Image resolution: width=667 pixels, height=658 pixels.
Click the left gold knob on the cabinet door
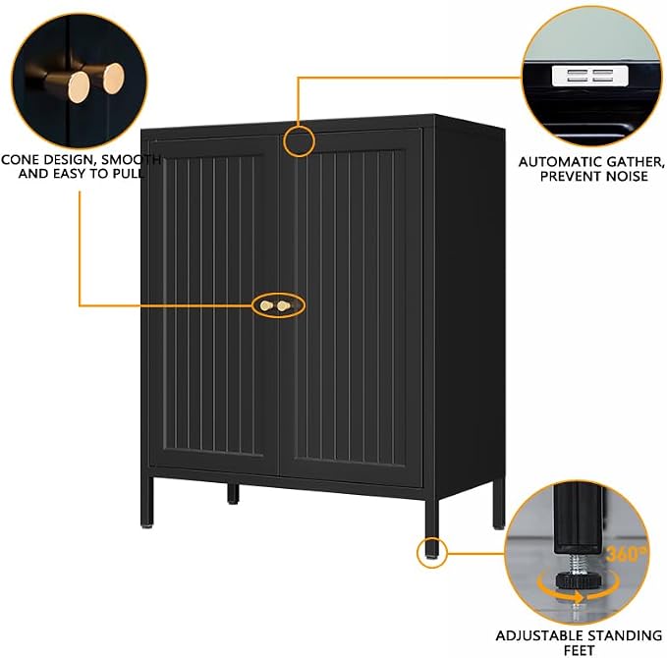[266, 305]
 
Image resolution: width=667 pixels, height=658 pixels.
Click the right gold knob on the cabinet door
[283, 305]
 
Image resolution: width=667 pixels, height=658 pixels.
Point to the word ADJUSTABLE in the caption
[539, 635]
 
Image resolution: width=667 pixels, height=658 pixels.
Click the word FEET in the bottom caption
[579, 650]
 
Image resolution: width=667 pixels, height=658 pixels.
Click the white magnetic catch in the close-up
[590, 76]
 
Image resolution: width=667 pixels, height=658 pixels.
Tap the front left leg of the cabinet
[146, 502]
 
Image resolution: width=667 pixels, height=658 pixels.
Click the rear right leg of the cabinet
[499, 505]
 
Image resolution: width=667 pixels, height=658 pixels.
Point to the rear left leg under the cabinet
[233, 494]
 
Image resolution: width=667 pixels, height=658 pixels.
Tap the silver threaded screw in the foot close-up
[577, 563]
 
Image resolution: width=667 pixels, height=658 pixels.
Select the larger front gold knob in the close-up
[79, 86]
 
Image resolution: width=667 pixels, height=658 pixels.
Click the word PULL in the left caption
[128, 174]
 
